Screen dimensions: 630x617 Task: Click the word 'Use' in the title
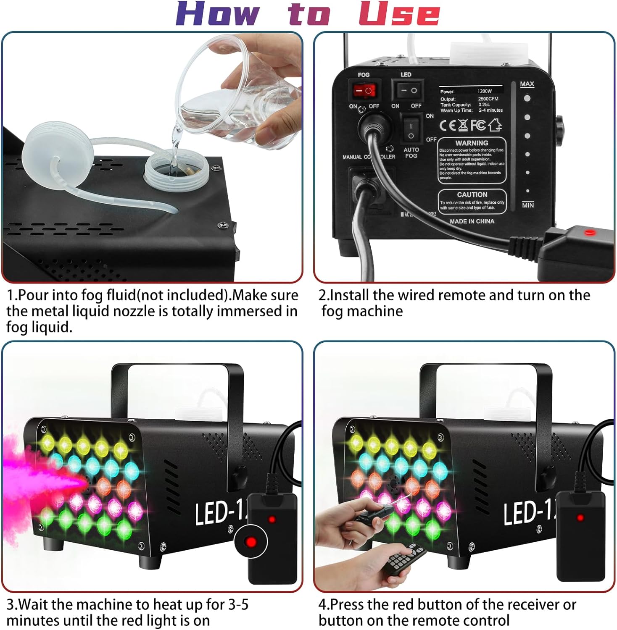pos(399,15)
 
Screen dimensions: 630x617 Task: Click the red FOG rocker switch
pos(364,90)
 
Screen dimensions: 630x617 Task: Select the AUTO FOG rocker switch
pos(411,130)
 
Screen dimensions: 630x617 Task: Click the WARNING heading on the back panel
pos(472,143)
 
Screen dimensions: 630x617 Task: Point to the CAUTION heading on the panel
pos(472,194)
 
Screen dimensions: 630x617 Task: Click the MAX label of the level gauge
pos(527,84)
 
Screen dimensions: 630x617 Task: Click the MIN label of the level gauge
pos(527,205)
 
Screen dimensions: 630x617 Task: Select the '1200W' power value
pos(484,91)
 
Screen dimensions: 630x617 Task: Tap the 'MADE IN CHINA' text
pos(472,221)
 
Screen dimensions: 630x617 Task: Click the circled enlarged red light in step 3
pos(251,541)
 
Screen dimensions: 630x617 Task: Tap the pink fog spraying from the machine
pos(34,483)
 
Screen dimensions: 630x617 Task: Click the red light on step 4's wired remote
pos(580,517)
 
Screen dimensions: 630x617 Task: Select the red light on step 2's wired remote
pos(587,231)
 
